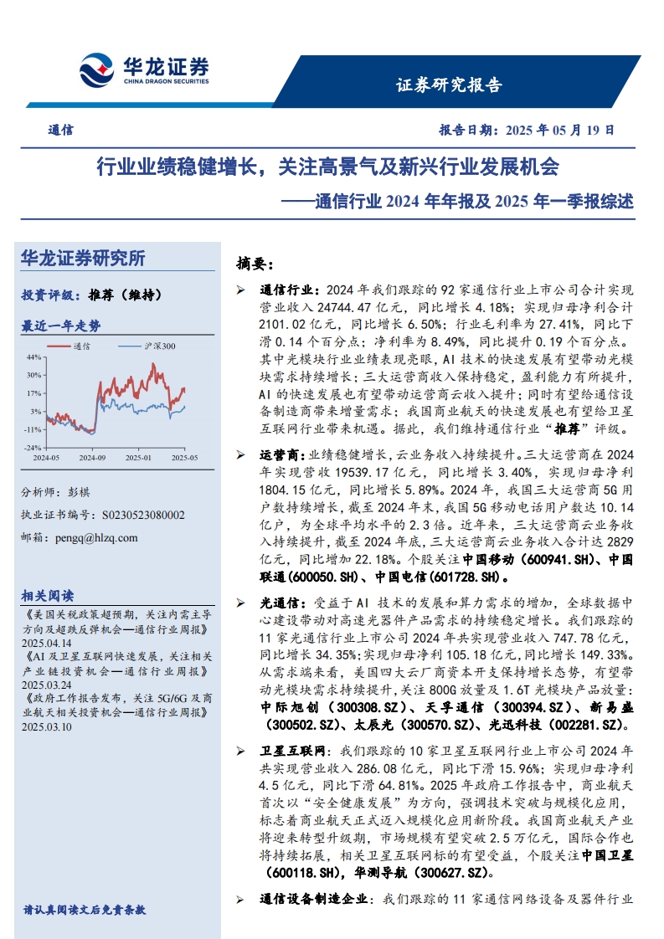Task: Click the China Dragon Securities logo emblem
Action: click(97, 68)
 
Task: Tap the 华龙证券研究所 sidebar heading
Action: click(83, 259)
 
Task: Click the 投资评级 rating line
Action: click(91, 295)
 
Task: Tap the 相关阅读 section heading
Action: click(48, 596)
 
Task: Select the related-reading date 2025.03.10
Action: click(49, 727)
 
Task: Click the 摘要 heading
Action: click(255, 264)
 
